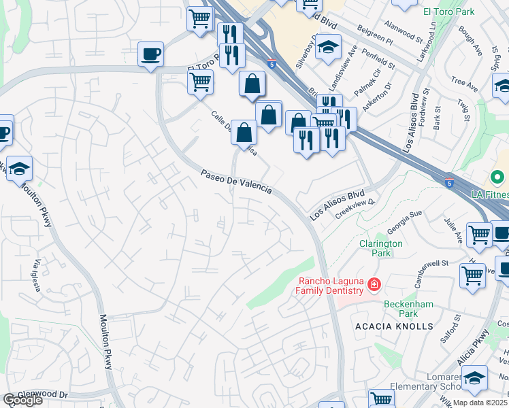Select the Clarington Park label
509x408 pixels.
(381, 248)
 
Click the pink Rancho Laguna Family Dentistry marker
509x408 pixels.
(374, 284)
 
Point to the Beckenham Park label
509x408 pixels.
(408, 309)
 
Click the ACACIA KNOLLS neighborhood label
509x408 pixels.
(394, 326)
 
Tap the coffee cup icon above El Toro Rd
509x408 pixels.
(150, 53)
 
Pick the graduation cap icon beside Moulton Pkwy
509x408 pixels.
(20, 168)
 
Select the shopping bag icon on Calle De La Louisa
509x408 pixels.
(244, 133)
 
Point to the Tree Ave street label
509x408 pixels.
(464, 83)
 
